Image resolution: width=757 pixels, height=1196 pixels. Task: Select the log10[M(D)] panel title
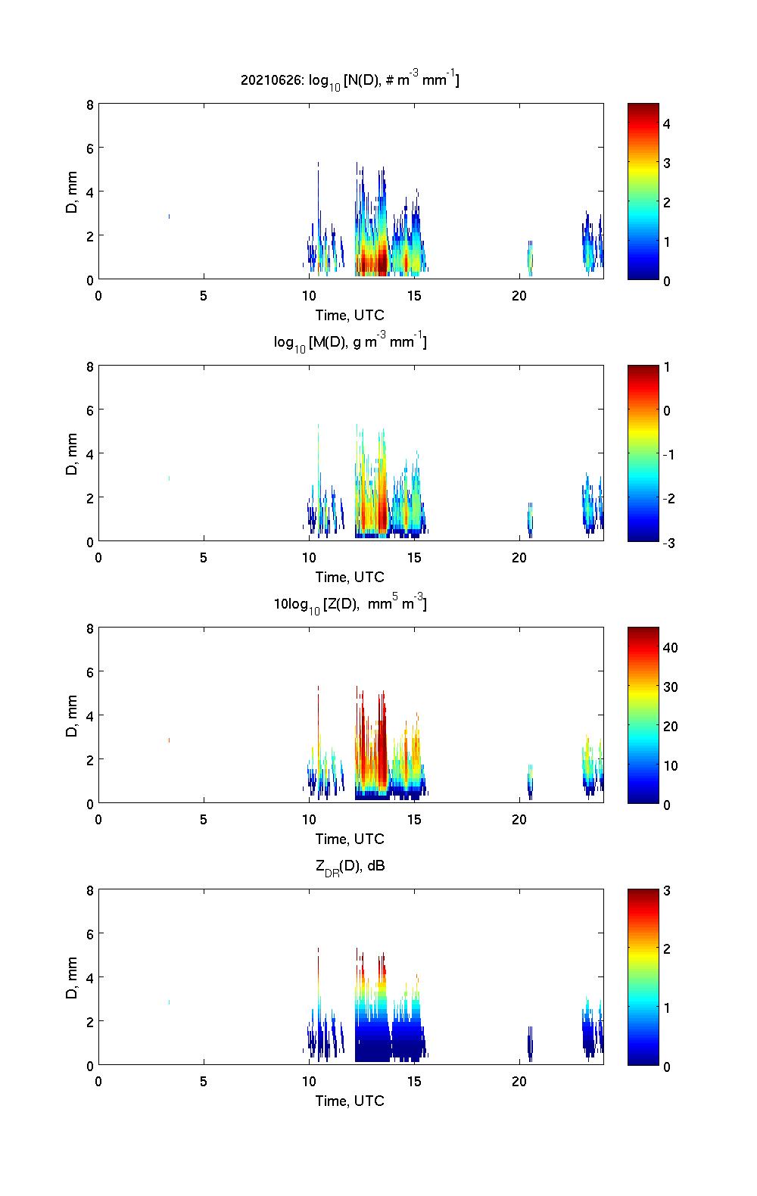tap(350, 342)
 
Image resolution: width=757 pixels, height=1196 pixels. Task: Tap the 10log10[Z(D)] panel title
tap(350, 604)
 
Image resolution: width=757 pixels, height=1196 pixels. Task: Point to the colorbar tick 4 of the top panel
tap(667, 123)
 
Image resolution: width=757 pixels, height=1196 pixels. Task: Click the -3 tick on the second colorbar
tap(667, 542)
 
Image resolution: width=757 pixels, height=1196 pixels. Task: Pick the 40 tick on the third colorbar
tap(670, 647)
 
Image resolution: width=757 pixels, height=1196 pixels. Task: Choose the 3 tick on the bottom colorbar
tap(667, 891)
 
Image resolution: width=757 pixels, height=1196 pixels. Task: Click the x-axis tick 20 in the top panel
tap(519, 295)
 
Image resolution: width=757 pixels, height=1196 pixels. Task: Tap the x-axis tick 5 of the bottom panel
tap(204, 1081)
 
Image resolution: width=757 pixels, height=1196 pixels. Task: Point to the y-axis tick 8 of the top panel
tap(89, 104)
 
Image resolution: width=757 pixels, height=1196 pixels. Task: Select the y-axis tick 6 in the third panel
tap(89, 671)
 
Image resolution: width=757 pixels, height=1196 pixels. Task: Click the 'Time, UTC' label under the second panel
tap(350, 577)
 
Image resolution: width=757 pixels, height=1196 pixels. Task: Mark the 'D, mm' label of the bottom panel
tap(73, 977)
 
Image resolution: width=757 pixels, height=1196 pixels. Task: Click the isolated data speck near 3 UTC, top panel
tap(169, 216)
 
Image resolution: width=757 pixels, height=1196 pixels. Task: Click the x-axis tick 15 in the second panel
tap(414, 557)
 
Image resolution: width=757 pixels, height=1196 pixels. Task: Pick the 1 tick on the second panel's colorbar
tap(667, 367)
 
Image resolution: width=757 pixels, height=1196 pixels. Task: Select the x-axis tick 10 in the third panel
tap(309, 819)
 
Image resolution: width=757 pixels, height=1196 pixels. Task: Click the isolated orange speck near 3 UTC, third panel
tap(169, 740)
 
